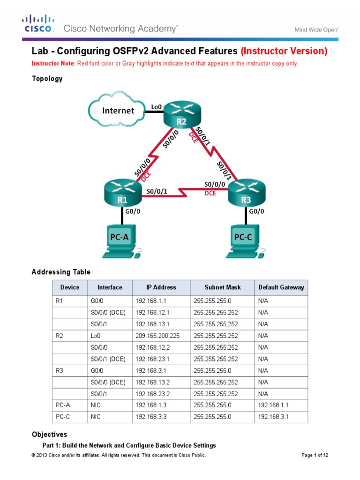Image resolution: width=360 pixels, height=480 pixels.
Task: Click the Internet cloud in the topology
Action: click(x=119, y=111)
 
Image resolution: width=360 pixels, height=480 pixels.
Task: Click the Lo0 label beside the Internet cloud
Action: click(x=157, y=107)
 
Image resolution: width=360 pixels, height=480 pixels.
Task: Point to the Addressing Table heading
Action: click(x=61, y=272)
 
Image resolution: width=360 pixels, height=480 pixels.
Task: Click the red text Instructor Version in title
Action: click(x=284, y=51)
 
